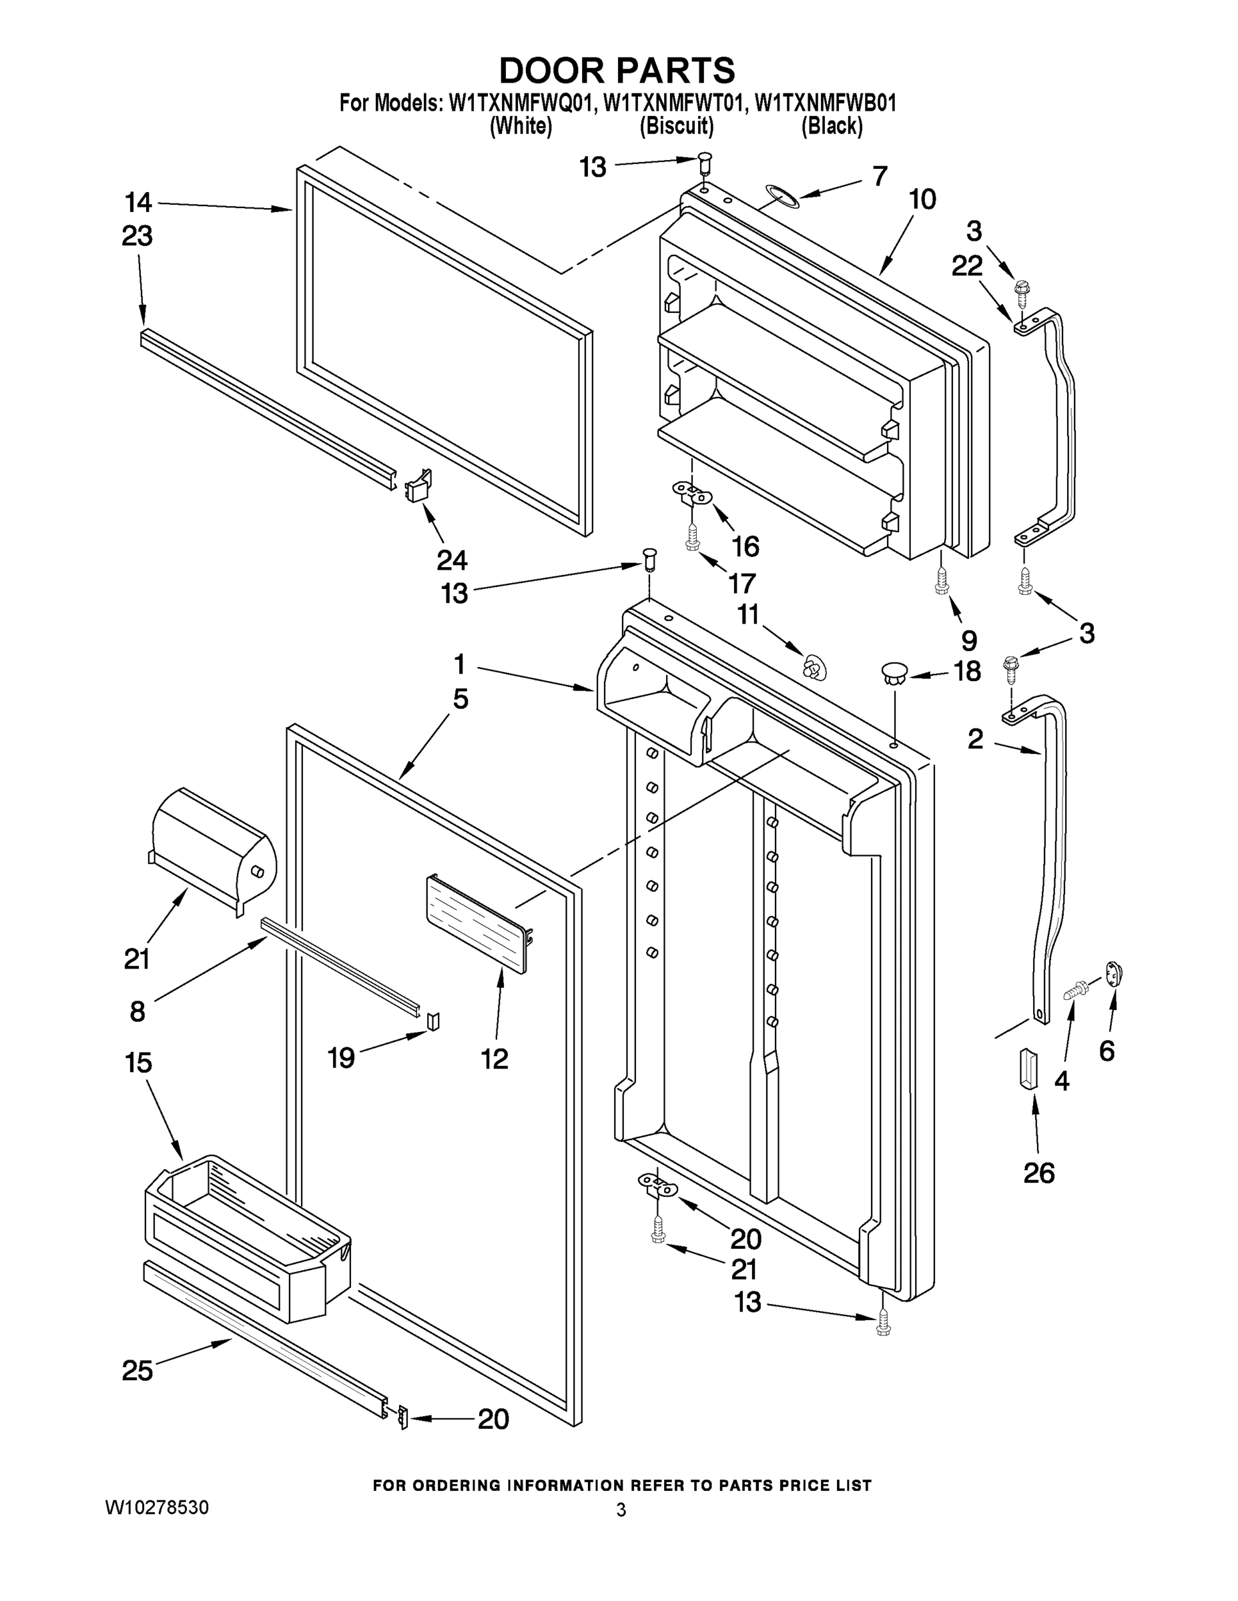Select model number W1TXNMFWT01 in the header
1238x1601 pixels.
[674, 103]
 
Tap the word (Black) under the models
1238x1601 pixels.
[831, 127]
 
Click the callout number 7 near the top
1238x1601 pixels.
[880, 176]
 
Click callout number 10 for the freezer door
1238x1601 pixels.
[922, 199]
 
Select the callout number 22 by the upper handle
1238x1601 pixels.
[966, 266]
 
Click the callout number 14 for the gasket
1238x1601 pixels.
[138, 201]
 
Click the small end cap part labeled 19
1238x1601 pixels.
[433, 1021]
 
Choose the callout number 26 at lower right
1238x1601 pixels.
[1038, 1173]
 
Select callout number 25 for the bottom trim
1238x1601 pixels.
[137, 1370]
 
